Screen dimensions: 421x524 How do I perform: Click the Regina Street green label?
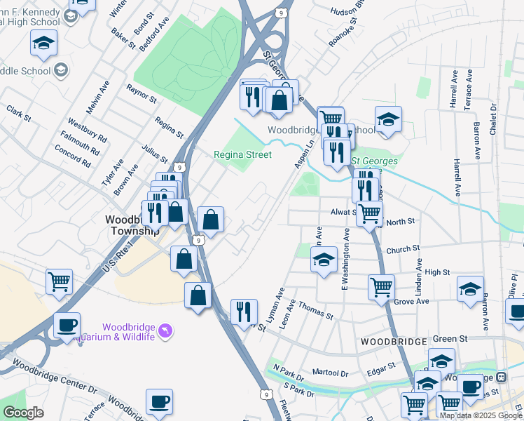tap(242, 154)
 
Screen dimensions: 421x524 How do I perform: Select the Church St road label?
tap(402, 248)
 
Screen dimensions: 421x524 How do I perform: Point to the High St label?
tap(436, 272)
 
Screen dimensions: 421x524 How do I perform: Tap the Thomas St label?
tap(315, 310)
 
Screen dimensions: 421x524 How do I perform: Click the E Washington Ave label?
tap(345, 259)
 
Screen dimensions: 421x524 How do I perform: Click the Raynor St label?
tap(141, 93)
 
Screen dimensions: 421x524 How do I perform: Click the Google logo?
tap(23, 413)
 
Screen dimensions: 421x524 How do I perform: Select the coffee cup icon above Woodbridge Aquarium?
tap(67, 326)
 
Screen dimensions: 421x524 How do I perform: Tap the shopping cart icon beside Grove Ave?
tap(381, 286)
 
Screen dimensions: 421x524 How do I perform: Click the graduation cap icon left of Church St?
tap(324, 260)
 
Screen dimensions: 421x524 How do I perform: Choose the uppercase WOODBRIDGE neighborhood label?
tap(394, 342)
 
